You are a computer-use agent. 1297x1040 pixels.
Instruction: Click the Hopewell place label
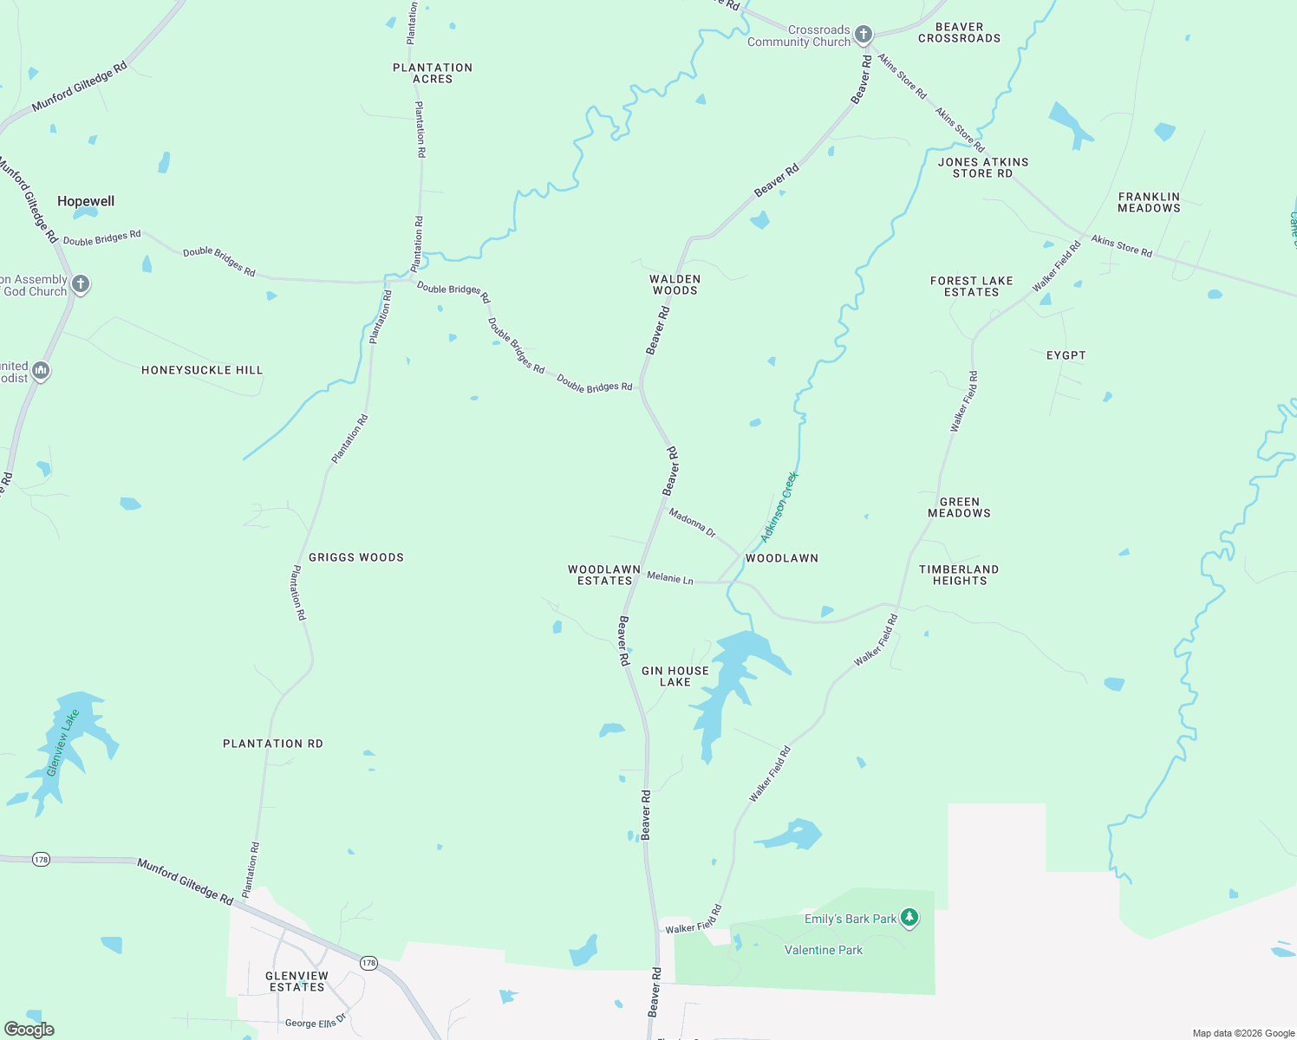click(x=86, y=201)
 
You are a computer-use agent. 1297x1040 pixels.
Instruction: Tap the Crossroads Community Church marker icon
click(x=863, y=35)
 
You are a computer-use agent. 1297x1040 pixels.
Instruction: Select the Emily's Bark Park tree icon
click(x=909, y=917)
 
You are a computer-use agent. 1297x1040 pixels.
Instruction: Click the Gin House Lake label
click(x=675, y=676)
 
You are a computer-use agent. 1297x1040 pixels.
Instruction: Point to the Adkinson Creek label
click(x=778, y=508)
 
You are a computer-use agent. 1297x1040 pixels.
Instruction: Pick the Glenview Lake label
click(x=62, y=743)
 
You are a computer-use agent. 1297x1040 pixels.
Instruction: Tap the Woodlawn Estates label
click(x=604, y=575)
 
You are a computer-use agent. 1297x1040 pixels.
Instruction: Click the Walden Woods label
click(x=675, y=285)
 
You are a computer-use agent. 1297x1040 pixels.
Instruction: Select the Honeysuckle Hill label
click(x=202, y=370)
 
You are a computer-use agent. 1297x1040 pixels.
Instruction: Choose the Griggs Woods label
click(x=356, y=557)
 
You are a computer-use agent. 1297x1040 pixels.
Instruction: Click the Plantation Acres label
click(x=433, y=73)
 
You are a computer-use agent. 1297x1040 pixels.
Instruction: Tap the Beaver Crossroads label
click(x=959, y=33)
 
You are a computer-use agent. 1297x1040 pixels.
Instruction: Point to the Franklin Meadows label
click(x=1149, y=202)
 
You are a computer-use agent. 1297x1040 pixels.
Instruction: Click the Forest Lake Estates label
click(x=971, y=286)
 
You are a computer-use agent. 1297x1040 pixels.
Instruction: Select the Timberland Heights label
click(x=959, y=575)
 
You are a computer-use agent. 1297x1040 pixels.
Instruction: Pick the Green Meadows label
click(x=959, y=507)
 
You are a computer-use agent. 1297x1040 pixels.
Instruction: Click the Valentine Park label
click(x=823, y=950)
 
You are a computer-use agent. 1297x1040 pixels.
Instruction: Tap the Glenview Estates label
click(x=297, y=981)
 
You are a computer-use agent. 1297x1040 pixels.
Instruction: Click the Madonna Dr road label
click(x=692, y=523)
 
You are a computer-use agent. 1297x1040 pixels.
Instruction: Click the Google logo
click(x=29, y=1030)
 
